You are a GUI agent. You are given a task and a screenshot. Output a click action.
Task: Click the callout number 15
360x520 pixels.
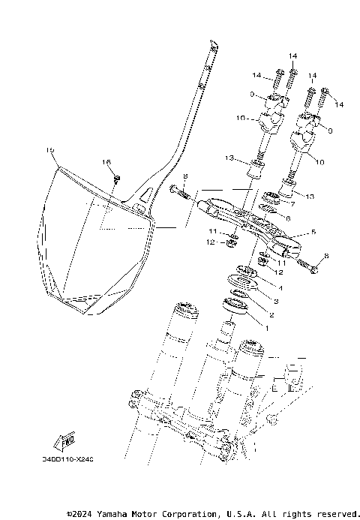point(50,150)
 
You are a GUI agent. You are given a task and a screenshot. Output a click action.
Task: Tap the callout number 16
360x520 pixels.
point(106,162)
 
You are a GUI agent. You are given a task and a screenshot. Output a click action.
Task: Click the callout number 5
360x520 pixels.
point(313,232)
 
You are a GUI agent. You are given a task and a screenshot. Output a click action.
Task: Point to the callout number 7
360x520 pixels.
point(292,203)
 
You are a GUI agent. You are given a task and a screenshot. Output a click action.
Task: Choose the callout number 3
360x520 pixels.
point(275,301)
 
